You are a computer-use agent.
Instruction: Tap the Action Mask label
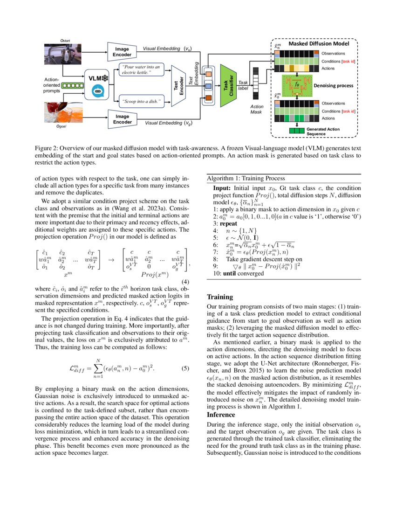click(x=257, y=110)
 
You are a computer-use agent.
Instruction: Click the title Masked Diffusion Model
click(x=322, y=44)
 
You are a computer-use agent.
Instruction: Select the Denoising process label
click(x=333, y=86)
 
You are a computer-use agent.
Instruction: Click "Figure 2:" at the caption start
click(x=47, y=148)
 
